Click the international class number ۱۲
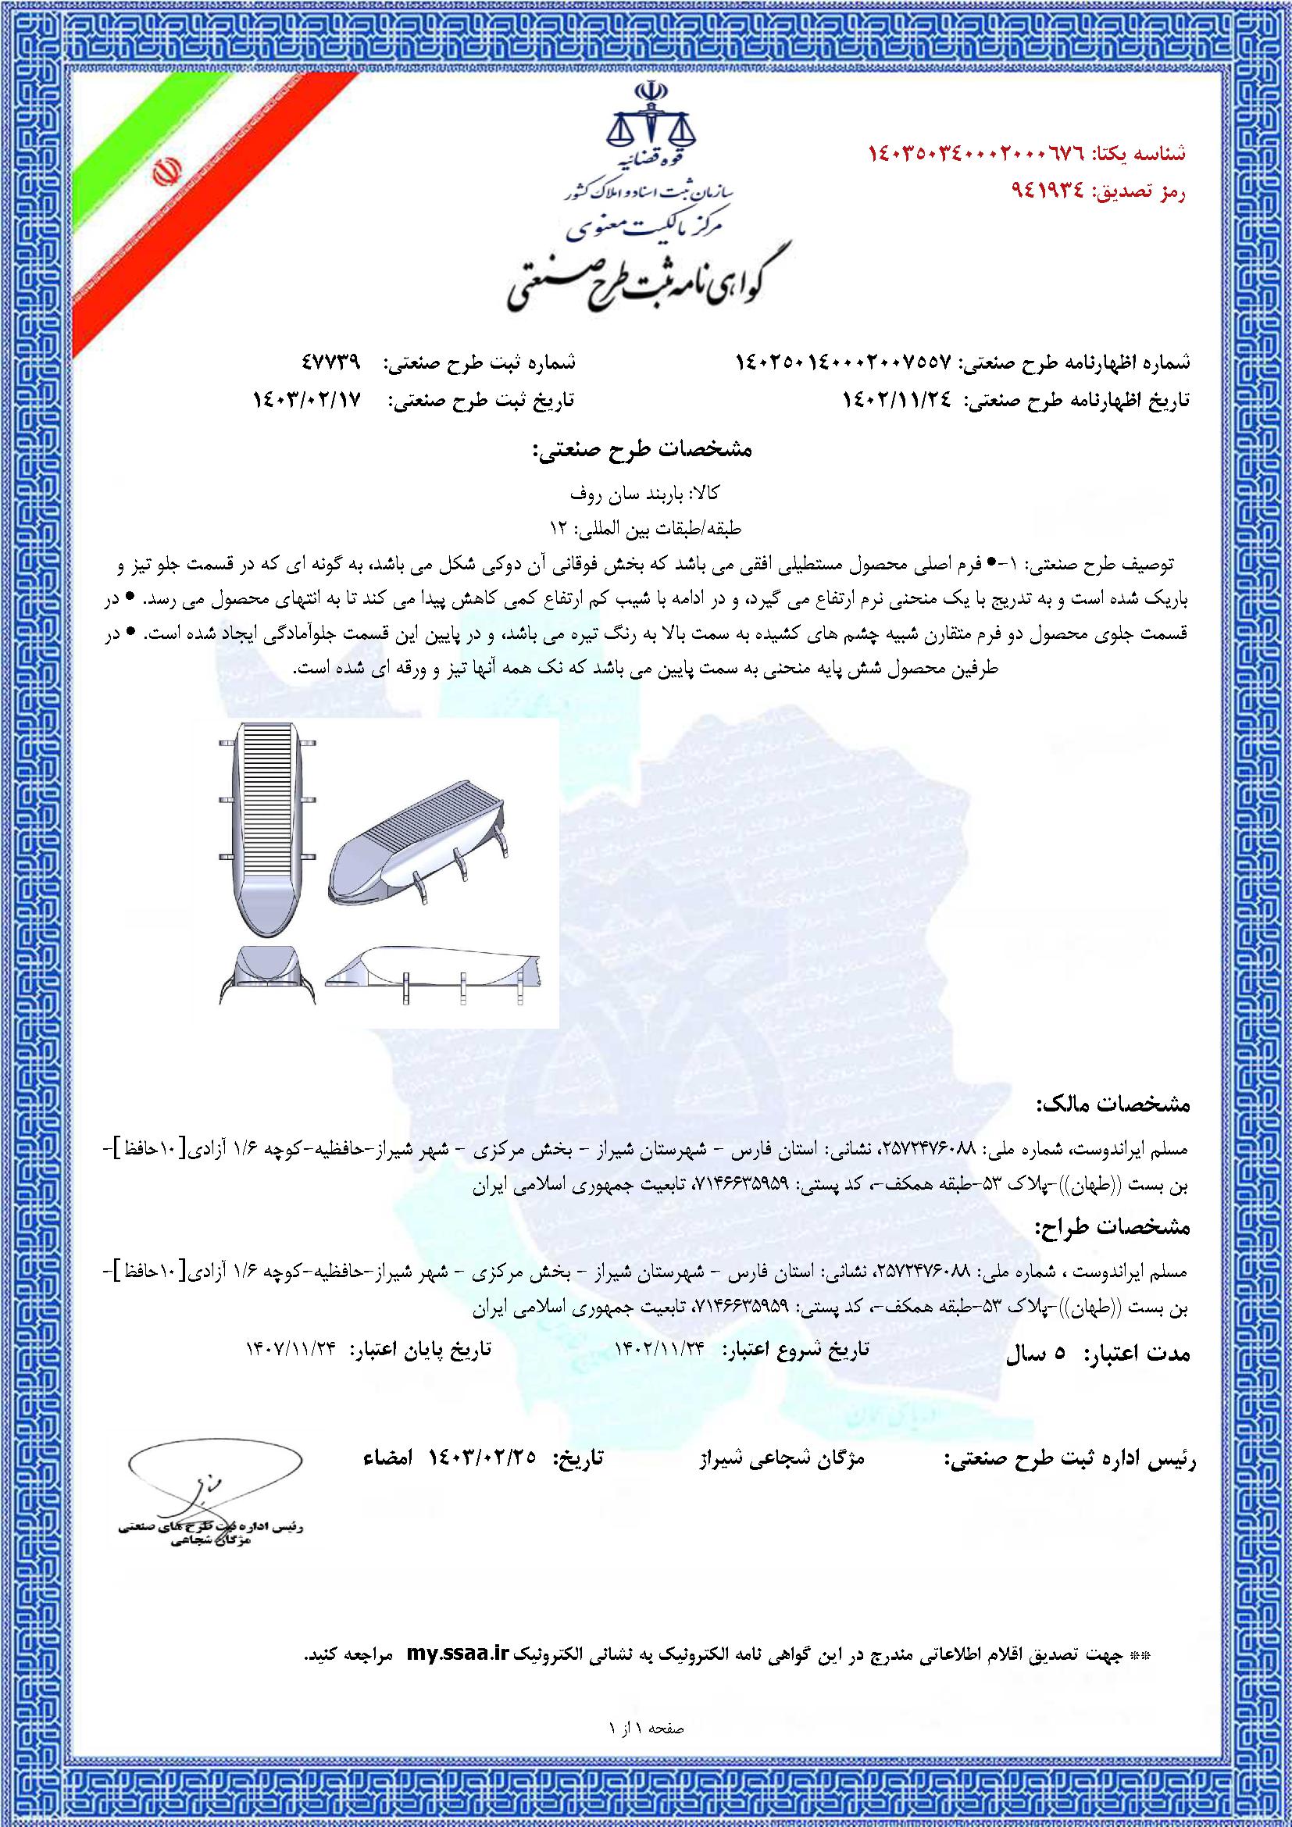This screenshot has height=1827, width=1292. [558, 526]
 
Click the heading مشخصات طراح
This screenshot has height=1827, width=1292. [1112, 1228]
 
